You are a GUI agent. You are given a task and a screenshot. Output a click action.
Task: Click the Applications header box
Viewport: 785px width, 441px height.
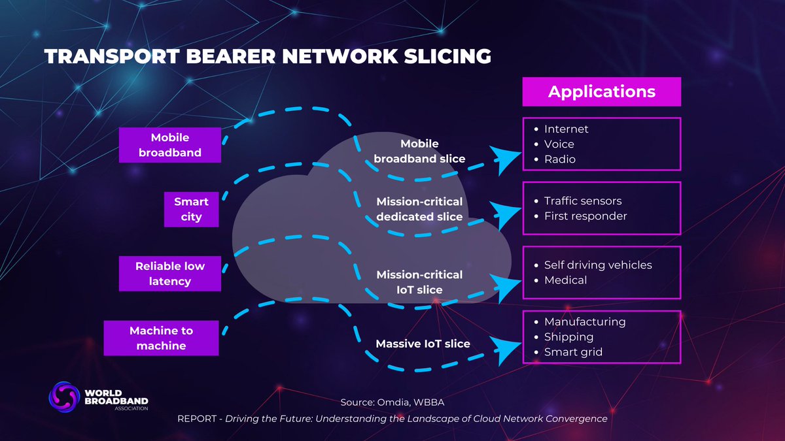click(x=601, y=91)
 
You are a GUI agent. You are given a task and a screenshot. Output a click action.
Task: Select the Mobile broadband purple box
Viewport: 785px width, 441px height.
click(x=170, y=145)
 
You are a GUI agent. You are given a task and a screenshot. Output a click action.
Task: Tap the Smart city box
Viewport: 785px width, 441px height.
click(x=192, y=210)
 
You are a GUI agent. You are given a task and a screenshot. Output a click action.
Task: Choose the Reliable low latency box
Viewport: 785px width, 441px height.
click(x=170, y=274)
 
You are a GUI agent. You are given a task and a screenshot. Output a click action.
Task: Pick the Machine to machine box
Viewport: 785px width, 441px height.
click(x=161, y=338)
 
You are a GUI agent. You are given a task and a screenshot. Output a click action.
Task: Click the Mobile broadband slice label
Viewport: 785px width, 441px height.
click(x=419, y=151)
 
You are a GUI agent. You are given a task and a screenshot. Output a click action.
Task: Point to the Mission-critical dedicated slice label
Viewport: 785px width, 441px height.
click(x=419, y=209)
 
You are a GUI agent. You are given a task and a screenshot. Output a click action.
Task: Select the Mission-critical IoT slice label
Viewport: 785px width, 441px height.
click(x=419, y=282)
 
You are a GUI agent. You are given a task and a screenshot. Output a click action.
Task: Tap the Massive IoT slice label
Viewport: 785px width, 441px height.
click(x=423, y=344)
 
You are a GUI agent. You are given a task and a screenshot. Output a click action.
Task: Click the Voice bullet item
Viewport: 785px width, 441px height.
click(x=559, y=144)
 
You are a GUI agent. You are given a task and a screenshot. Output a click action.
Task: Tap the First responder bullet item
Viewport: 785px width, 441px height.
click(x=585, y=216)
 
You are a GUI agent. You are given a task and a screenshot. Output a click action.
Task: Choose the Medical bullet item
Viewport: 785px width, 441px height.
click(x=565, y=280)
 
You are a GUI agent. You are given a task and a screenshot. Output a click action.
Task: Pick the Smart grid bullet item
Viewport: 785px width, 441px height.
click(x=573, y=352)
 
